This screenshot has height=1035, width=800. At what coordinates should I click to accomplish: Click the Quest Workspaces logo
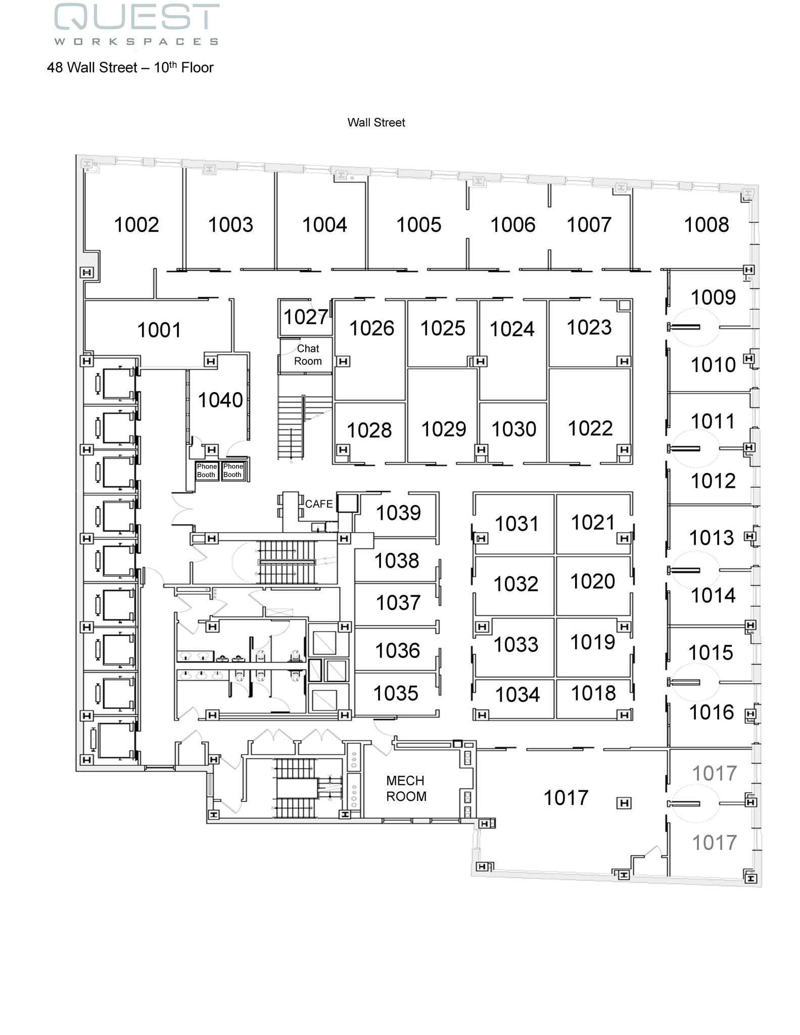click(x=136, y=24)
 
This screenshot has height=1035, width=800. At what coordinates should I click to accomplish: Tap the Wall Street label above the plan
click(x=376, y=122)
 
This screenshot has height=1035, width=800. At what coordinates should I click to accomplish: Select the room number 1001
click(x=159, y=330)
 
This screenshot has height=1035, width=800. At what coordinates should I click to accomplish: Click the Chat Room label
click(x=308, y=355)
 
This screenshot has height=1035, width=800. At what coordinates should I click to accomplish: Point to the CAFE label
click(x=318, y=504)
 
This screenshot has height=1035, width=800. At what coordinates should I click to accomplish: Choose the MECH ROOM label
click(x=406, y=788)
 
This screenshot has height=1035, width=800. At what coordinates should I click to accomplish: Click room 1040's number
click(x=220, y=400)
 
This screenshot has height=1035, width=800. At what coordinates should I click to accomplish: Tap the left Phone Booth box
click(x=207, y=471)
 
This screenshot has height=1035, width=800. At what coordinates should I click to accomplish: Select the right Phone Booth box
click(x=233, y=471)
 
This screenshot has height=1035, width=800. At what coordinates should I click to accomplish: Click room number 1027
click(x=305, y=317)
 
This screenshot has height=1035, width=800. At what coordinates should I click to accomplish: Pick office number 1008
click(x=706, y=225)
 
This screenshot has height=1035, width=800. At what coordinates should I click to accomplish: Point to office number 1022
click(x=590, y=429)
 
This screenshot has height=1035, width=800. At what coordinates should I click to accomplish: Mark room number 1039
click(x=398, y=513)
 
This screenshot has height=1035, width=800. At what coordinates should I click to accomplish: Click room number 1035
click(x=395, y=693)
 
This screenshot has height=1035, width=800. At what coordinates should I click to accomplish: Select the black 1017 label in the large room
click(x=566, y=798)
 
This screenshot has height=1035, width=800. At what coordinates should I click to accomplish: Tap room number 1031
click(x=516, y=524)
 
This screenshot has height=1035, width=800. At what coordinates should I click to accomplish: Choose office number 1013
click(x=711, y=538)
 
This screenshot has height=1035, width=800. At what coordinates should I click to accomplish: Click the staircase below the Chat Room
click(x=291, y=427)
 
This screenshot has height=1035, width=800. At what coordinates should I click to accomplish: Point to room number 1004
click(x=324, y=225)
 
